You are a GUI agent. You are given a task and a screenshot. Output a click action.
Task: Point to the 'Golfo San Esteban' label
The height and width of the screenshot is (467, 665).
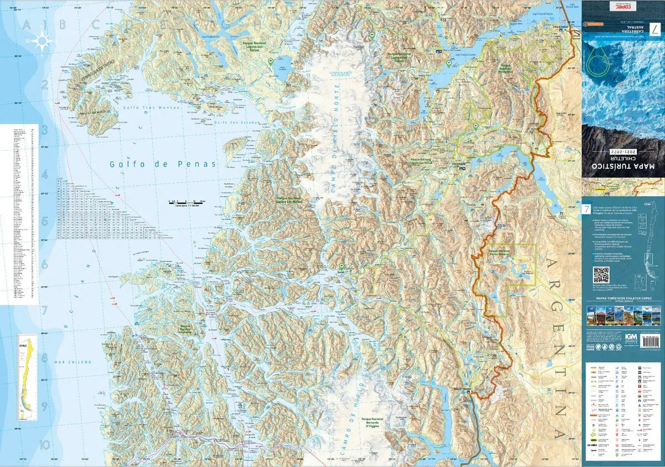[231, 123]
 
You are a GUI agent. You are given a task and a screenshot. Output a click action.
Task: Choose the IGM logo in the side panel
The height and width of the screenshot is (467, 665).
[631, 337]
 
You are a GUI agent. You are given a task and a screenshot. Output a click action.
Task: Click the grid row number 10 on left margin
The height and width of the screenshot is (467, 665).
[44, 444]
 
